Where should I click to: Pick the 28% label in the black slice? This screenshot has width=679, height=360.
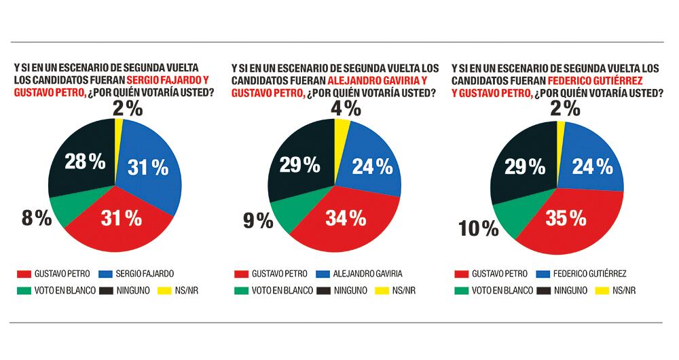coord(85,162)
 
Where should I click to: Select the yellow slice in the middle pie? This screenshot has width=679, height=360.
coord(342,129)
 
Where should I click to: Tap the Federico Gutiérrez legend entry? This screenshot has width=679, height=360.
coord(589,274)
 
